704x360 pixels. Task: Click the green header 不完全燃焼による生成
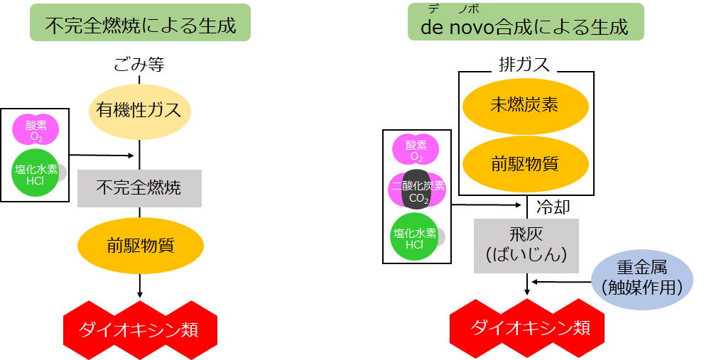140,23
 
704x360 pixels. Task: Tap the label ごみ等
139,65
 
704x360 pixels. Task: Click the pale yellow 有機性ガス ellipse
139,109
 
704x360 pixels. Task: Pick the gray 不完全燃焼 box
139,187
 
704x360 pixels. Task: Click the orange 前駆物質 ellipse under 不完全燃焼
140,246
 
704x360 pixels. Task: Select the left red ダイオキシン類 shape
140,329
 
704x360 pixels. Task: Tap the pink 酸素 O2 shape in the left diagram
36,130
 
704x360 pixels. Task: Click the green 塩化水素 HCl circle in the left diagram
36,171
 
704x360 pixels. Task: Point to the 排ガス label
526,65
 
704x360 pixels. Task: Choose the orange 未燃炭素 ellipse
525,105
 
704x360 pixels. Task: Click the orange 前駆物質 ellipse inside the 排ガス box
525,163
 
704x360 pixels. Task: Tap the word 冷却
552,207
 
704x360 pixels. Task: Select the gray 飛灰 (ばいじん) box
526,245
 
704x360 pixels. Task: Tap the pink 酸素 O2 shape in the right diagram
416,150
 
